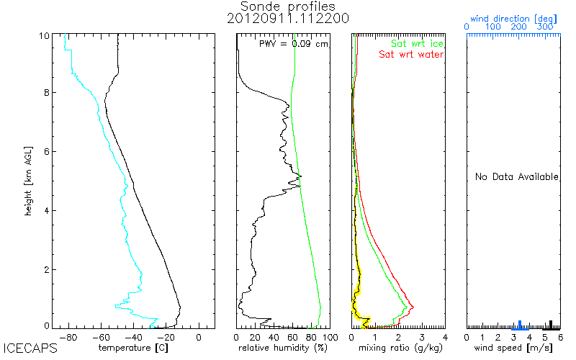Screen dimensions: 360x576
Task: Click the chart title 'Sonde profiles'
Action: coord(289,6)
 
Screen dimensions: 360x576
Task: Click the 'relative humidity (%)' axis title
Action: coord(283,348)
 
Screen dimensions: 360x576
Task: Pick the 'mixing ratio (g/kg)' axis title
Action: coord(398,348)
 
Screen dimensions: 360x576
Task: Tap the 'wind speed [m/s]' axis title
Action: coord(513,348)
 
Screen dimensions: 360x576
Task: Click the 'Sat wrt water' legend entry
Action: coord(411,55)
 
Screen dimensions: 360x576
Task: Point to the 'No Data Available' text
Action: coord(517,177)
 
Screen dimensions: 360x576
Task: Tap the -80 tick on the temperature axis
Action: coord(70,337)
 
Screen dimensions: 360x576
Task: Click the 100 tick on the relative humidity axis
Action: coord(330,337)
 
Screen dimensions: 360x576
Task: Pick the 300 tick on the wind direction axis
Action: coord(546,27)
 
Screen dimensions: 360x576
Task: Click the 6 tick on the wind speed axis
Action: coord(559,337)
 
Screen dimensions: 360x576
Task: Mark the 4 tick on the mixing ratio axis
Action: coord(444,337)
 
